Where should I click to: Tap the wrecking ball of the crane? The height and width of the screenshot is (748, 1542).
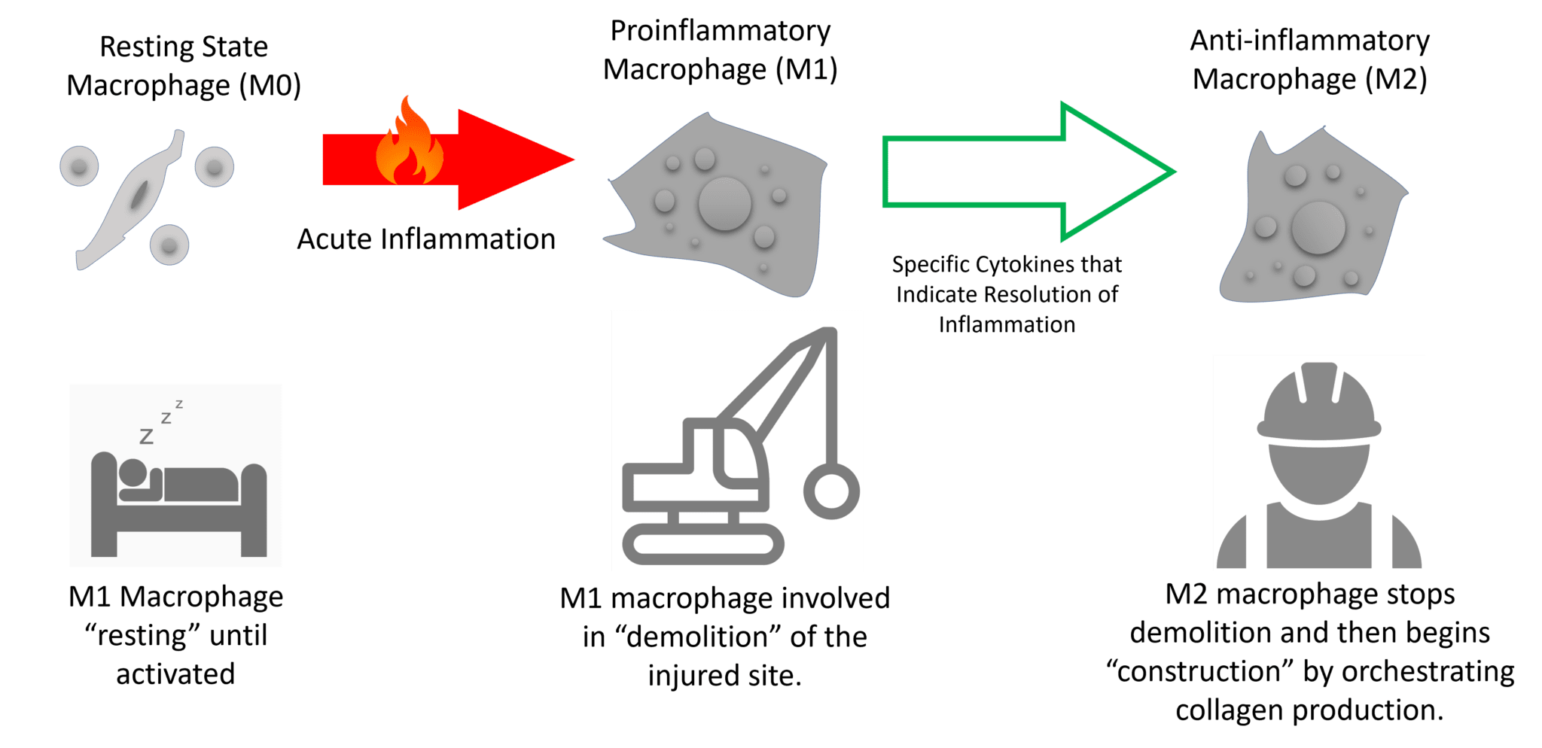tap(831, 491)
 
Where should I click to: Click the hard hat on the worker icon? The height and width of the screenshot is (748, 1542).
tap(1319, 403)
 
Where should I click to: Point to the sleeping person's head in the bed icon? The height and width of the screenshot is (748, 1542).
tap(133, 472)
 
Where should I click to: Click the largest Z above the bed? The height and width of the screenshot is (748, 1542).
tap(147, 436)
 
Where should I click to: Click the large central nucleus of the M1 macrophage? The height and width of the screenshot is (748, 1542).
tap(724, 203)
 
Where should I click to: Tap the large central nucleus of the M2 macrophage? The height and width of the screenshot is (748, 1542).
tap(1318, 228)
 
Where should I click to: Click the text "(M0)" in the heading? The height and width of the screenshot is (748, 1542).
tap(270, 86)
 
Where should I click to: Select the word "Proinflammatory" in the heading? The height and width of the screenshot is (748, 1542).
tap(721, 32)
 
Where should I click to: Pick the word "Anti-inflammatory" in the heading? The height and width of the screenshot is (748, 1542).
tap(1309, 41)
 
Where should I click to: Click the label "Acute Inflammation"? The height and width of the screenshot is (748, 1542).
tap(426, 239)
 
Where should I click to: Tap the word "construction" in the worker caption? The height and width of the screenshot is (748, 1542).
tap(1200, 671)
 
